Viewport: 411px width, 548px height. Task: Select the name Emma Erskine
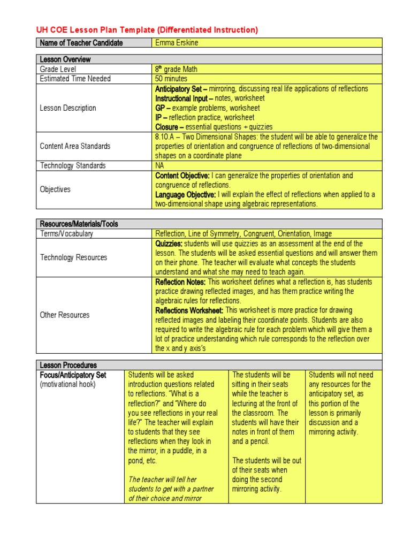176,43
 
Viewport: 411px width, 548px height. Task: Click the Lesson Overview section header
65,59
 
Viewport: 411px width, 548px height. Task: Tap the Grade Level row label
58,69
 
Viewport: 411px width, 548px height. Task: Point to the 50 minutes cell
173,79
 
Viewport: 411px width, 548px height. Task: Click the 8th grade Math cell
176,69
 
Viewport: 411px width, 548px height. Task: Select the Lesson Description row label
68,108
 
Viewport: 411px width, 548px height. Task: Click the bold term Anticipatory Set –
181,89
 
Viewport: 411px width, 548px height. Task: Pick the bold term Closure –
169,127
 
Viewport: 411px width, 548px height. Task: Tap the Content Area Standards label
75,146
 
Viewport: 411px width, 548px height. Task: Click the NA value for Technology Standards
160,166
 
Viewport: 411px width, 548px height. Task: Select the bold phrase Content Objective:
182,176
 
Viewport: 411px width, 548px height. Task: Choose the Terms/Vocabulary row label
66,234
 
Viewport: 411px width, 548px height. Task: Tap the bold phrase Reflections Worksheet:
189,310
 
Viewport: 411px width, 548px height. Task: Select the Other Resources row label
65,315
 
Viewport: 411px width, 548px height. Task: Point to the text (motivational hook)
68,385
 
